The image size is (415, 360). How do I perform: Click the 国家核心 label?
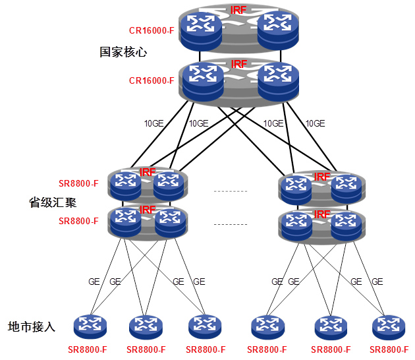(x=123, y=51)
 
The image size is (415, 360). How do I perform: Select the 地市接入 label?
(x=31, y=326)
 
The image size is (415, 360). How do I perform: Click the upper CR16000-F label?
(x=151, y=31)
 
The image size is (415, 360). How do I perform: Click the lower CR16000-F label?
(x=151, y=81)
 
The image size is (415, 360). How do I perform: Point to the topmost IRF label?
(x=238, y=10)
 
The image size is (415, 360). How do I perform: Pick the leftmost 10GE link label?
(x=155, y=123)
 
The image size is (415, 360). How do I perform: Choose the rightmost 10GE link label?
(x=315, y=123)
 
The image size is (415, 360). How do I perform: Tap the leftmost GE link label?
(x=94, y=282)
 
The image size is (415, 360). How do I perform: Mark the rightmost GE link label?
(x=377, y=282)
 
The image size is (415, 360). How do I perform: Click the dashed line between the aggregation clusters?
(x=230, y=191)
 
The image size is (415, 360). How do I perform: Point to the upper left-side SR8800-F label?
(x=78, y=183)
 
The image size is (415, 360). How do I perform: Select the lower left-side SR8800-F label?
(x=78, y=221)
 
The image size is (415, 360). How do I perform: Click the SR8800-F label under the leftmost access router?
(x=88, y=349)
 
